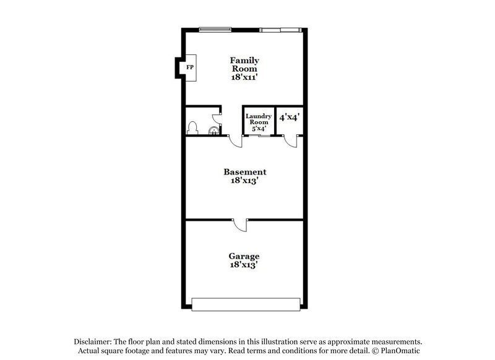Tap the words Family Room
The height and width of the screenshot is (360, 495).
pos(244,65)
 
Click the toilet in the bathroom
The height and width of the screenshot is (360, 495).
pos(192,128)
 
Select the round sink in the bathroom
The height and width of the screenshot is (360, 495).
pos(213,131)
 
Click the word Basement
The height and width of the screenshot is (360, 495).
pos(245,172)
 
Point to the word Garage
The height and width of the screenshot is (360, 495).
pos(244,256)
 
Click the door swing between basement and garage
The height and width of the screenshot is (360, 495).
pos(240,225)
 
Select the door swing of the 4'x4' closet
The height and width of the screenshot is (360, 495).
pos(291,142)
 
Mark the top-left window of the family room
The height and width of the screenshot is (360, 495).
pos(211,28)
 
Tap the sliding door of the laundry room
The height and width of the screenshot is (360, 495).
pos(264,136)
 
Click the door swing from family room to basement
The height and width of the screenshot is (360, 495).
pos(236,142)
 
